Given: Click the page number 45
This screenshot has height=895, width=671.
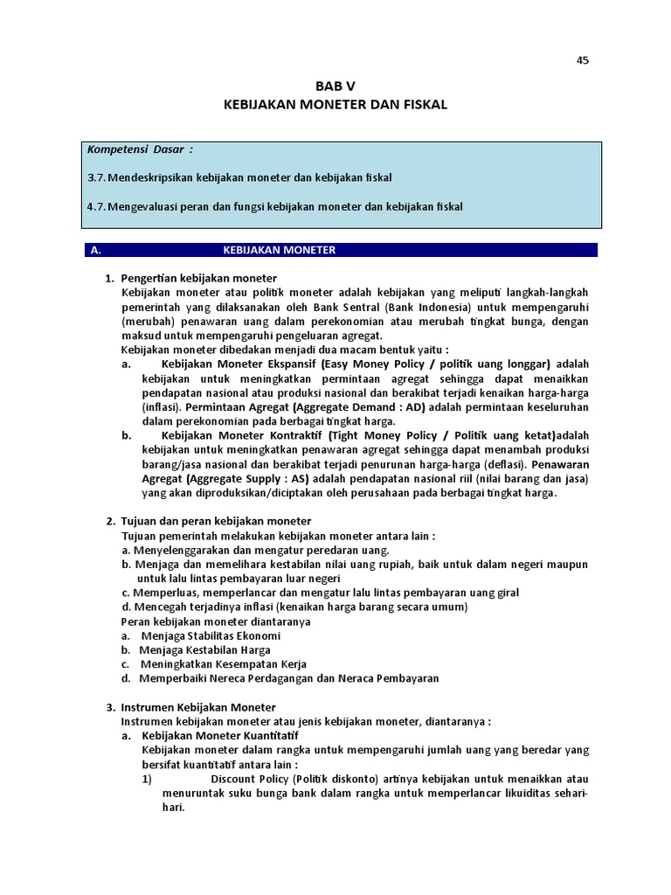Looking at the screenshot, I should pos(583,60).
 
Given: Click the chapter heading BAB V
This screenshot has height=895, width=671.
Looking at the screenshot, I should pos(335,86).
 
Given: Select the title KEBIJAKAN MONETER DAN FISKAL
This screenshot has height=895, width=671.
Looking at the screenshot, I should pos(335,104).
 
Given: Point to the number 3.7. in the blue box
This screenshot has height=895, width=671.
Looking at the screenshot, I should pos(96,177).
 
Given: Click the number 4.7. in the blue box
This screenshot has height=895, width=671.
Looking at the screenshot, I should pos(96,206).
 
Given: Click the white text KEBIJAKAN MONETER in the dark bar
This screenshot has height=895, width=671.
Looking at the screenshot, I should pos(280,250).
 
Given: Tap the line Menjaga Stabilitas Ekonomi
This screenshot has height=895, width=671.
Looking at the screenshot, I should pos(211,635).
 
